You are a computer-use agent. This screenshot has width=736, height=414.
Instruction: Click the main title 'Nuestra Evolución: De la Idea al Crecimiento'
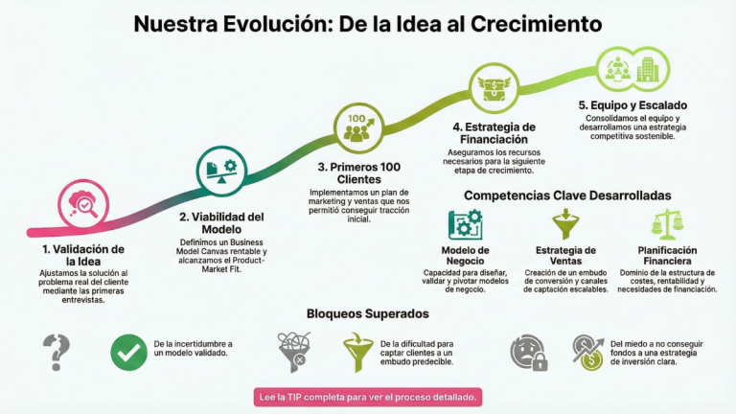point(368,23)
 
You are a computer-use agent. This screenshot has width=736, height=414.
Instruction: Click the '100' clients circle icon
point(356,126)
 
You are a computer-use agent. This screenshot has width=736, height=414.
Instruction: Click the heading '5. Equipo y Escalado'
point(632,105)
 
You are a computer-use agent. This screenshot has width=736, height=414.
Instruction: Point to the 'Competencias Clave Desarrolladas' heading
point(568,195)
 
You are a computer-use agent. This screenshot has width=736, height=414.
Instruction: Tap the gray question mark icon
point(59,351)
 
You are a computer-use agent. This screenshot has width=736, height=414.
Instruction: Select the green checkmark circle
point(128,352)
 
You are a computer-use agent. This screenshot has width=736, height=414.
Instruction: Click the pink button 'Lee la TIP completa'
point(368,396)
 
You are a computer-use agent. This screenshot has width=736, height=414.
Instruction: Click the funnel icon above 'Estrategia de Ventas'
point(565,225)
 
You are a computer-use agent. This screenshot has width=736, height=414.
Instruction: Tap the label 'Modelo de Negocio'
point(466,257)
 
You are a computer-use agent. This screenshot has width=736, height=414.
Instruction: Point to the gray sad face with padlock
point(528,352)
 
